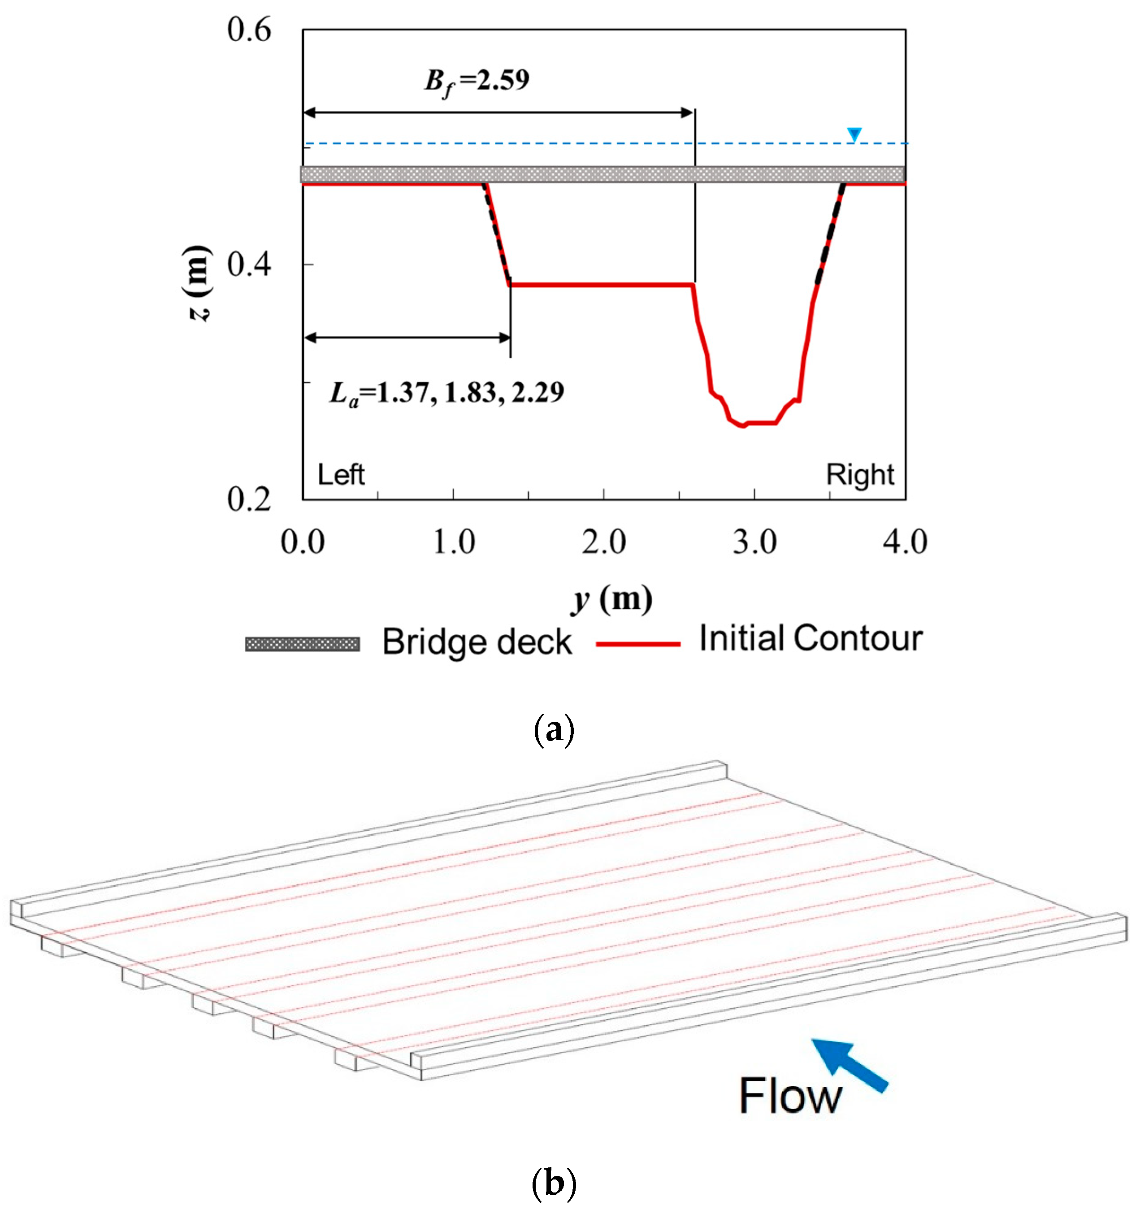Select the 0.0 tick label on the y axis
point(302,542)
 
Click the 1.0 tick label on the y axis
point(453,542)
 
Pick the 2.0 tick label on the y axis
point(603,542)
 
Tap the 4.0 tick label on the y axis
point(905,542)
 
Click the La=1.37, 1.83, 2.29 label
point(446,393)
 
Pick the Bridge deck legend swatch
point(302,644)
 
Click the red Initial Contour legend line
point(637,644)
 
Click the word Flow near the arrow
point(790,1096)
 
